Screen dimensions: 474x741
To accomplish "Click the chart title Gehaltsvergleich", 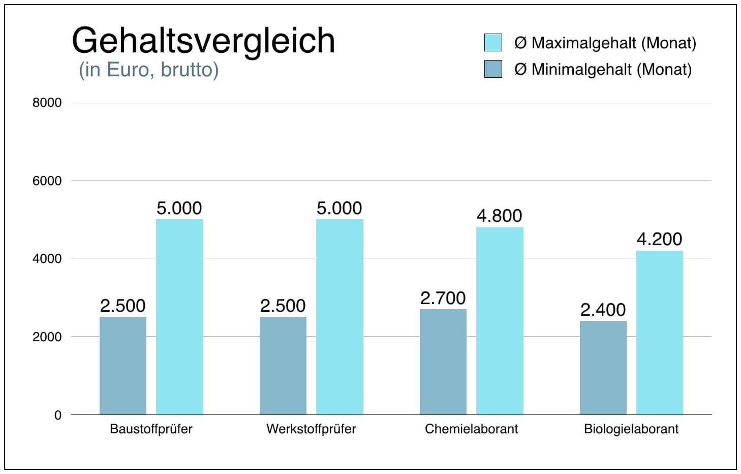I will coord(203,40).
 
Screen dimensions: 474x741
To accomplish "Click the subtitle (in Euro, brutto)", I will coord(148,70).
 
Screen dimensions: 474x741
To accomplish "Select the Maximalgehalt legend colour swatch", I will coord(493,43).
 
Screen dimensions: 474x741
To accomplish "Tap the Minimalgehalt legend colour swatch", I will coord(493,69).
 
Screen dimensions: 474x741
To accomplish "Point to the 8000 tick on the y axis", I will coord(47,103).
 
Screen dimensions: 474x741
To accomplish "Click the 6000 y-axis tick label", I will coord(47,181).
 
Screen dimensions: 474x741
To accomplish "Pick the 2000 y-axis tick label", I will coord(47,337).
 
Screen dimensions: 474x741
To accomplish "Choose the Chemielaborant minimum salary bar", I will coord(443,361).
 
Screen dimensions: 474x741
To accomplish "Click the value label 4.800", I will coord(499,216).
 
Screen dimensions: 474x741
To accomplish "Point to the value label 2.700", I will coord(443,299).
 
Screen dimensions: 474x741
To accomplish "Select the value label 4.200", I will coord(659,240).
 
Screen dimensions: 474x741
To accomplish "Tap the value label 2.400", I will coord(603,310).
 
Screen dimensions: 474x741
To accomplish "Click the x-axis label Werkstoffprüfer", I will coord(311,429).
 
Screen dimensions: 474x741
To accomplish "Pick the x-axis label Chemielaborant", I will coord(471,429).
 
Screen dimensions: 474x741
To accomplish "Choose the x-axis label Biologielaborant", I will coord(631,429).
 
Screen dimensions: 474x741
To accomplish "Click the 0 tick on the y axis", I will coord(57,416).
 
